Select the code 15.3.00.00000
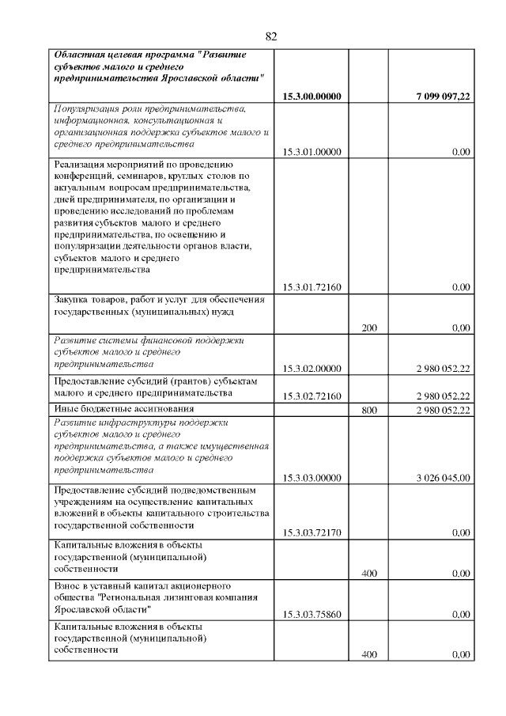pyautogui.click(x=312, y=97)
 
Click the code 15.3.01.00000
pyautogui.click(x=312, y=152)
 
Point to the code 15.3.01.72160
pyautogui.click(x=312, y=286)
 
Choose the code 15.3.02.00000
pyautogui.click(x=312, y=369)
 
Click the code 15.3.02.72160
pyautogui.click(x=312, y=396)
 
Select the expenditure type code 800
pyautogui.click(x=368, y=410)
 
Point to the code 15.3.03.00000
pyautogui.click(x=312, y=477)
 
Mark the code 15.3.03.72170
pyautogui.click(x=312, y=532)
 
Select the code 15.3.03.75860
pyautogui.click(x=312, y=614)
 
